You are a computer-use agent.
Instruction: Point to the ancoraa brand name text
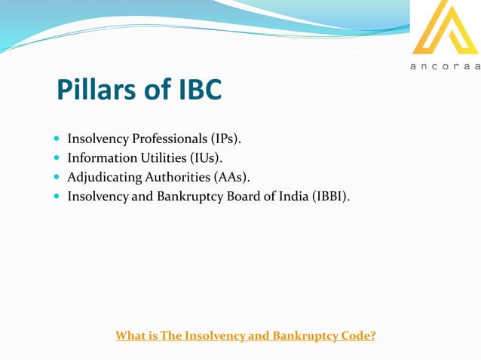(x=445, y=67)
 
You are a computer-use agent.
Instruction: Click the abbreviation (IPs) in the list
(x=224, y=139)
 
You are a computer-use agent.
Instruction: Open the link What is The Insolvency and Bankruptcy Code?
(x=245, y=335)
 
